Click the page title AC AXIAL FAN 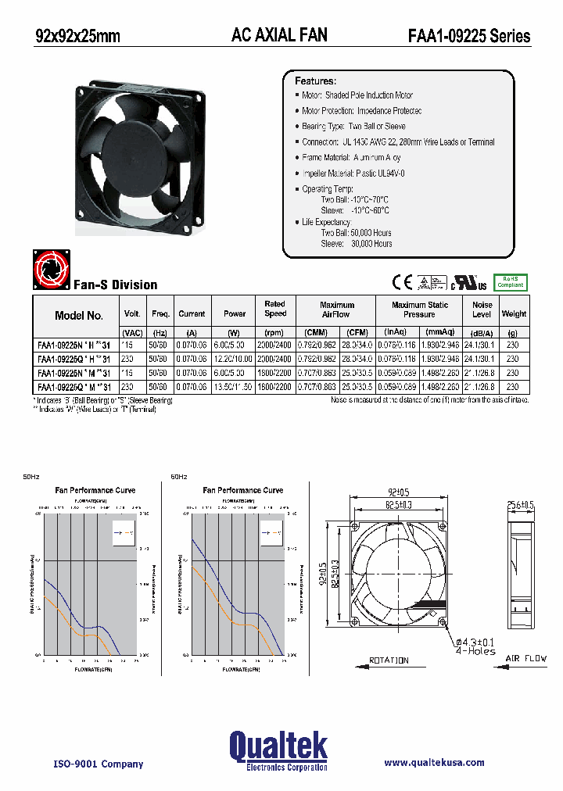279,34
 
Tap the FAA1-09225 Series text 468,36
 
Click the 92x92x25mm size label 78,35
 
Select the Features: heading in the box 315,81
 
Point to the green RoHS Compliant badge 511,281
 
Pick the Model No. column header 78,315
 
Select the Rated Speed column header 274,309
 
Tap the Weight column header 514,314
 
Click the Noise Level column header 482,310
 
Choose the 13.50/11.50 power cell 234,387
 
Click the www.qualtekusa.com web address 434,763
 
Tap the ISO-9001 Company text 98,764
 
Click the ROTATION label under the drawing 389,660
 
